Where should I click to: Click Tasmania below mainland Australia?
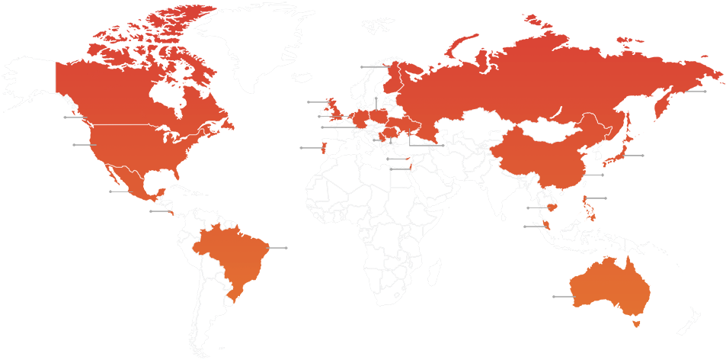click(638, 324)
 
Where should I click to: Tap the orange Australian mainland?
click(609, 286)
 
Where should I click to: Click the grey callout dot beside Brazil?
click(286, 248)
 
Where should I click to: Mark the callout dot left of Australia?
click(554, 296)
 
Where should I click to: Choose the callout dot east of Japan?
click(643, 156)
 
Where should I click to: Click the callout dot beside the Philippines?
click(606, 198)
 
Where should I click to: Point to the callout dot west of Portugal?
click(302, 147)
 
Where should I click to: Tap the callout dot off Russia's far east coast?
click(705, 92)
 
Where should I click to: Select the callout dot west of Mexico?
click(110, 191)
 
